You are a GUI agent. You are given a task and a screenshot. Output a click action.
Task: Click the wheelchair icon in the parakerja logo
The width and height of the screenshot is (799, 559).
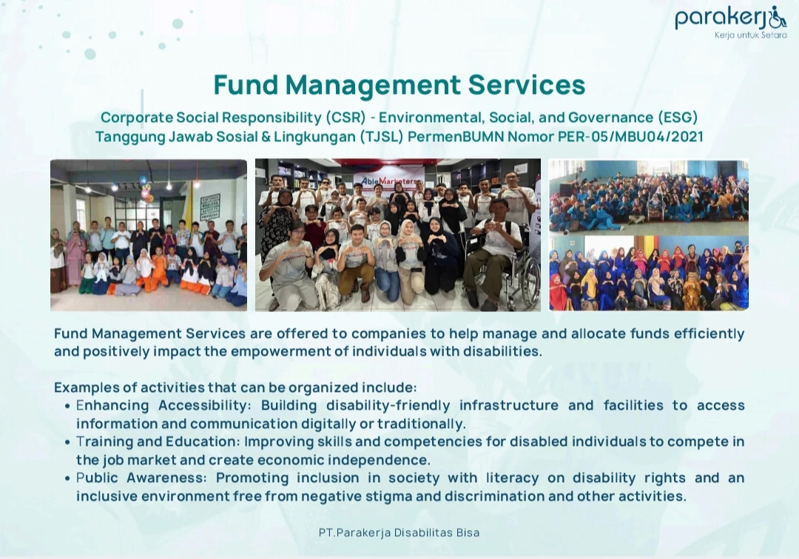pos(778,18)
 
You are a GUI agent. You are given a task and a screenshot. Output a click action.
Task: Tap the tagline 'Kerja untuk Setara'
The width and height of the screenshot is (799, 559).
pos(751,35)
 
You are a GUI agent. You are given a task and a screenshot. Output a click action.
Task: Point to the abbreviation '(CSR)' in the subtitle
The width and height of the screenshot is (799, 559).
pos(345,117)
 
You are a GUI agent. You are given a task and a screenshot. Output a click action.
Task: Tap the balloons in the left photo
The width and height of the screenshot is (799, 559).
pos(145,188)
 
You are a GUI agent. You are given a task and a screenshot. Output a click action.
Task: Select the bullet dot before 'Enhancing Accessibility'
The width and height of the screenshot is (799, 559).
pos(67,406)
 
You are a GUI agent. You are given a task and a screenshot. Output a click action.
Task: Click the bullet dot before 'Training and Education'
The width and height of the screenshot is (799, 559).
pos(67,442)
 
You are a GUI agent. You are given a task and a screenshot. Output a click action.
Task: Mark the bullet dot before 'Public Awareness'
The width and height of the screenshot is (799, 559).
pos(67,478)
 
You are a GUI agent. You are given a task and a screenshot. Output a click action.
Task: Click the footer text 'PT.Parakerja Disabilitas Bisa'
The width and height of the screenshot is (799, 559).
pos(399,532)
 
